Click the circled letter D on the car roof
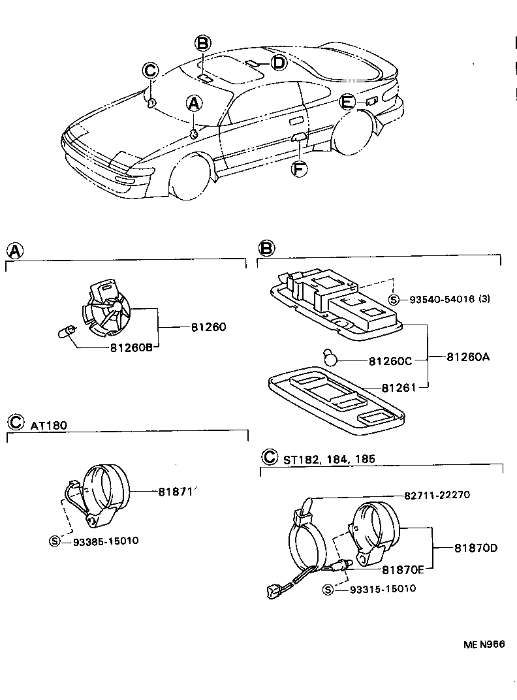pyautogui.click(x=278, y=63)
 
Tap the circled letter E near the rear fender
pyautogui.click(x=347, y=102)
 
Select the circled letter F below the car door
pyautogui.click(x=298, y=169)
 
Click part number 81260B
pyautogui.click(x=131, y=347)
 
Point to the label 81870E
pyautogui.click(x=403, y=569)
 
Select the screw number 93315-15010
pyautogui.click(x=383, y=589)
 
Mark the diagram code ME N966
pyautogui.click(x=484, y=644)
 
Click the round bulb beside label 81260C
pyautogui.click(x=332, y=357)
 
